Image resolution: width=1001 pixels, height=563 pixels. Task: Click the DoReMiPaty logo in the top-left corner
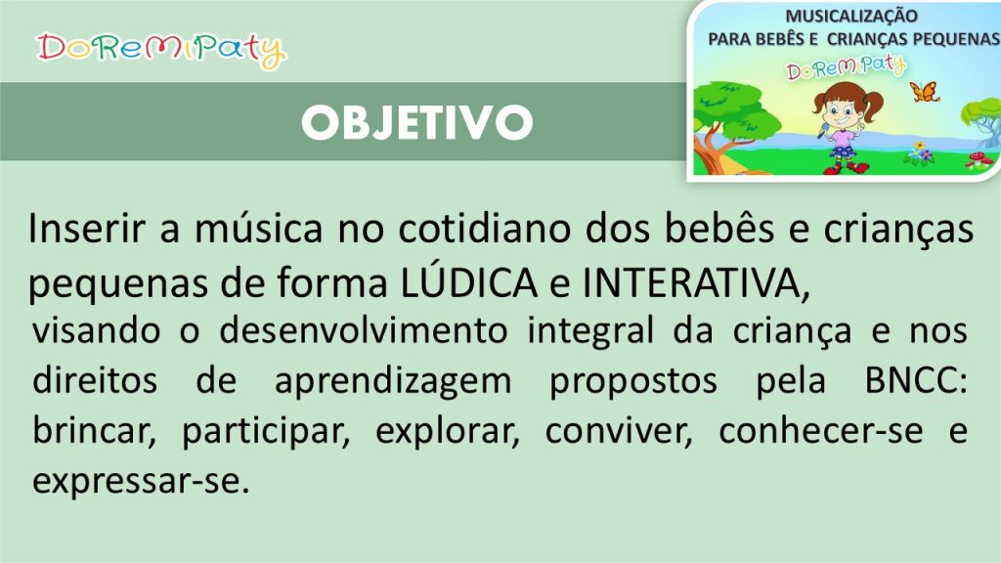(x=161, y=50)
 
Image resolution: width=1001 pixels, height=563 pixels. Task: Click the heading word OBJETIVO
(x=417, y=122)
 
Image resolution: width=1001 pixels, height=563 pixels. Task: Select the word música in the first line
(x=258, y=228)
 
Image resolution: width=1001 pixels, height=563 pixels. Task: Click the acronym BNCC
(x=915, y=380)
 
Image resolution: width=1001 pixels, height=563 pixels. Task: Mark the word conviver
(x=619, y=431)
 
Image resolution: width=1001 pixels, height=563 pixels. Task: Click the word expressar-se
(x=141, y=482)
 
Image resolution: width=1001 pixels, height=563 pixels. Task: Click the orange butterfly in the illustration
(x=925, y=92)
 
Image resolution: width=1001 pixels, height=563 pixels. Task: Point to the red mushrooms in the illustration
(x=978, y=160)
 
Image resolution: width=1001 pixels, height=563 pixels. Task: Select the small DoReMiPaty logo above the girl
(x=846, y=67)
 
